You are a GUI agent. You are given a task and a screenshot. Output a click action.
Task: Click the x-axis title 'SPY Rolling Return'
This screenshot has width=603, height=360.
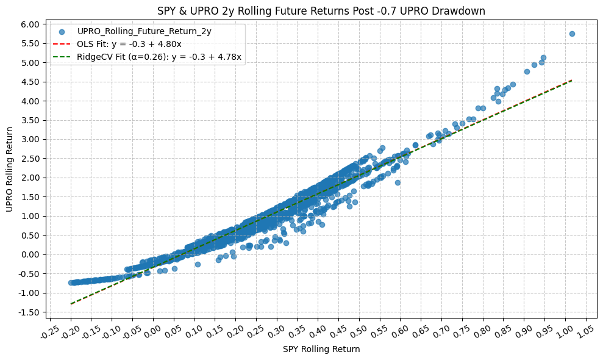click(321, 350)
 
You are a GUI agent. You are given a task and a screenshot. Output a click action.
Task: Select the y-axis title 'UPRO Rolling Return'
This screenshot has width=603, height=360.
click(10, 170)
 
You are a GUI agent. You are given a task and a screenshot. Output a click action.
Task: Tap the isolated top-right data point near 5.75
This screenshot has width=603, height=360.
click(572, 34)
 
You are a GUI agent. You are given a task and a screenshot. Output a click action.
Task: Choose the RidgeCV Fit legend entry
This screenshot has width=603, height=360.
click(159, 57)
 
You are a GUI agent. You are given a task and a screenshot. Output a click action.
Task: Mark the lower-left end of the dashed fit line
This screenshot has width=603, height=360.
click(71, 303)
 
